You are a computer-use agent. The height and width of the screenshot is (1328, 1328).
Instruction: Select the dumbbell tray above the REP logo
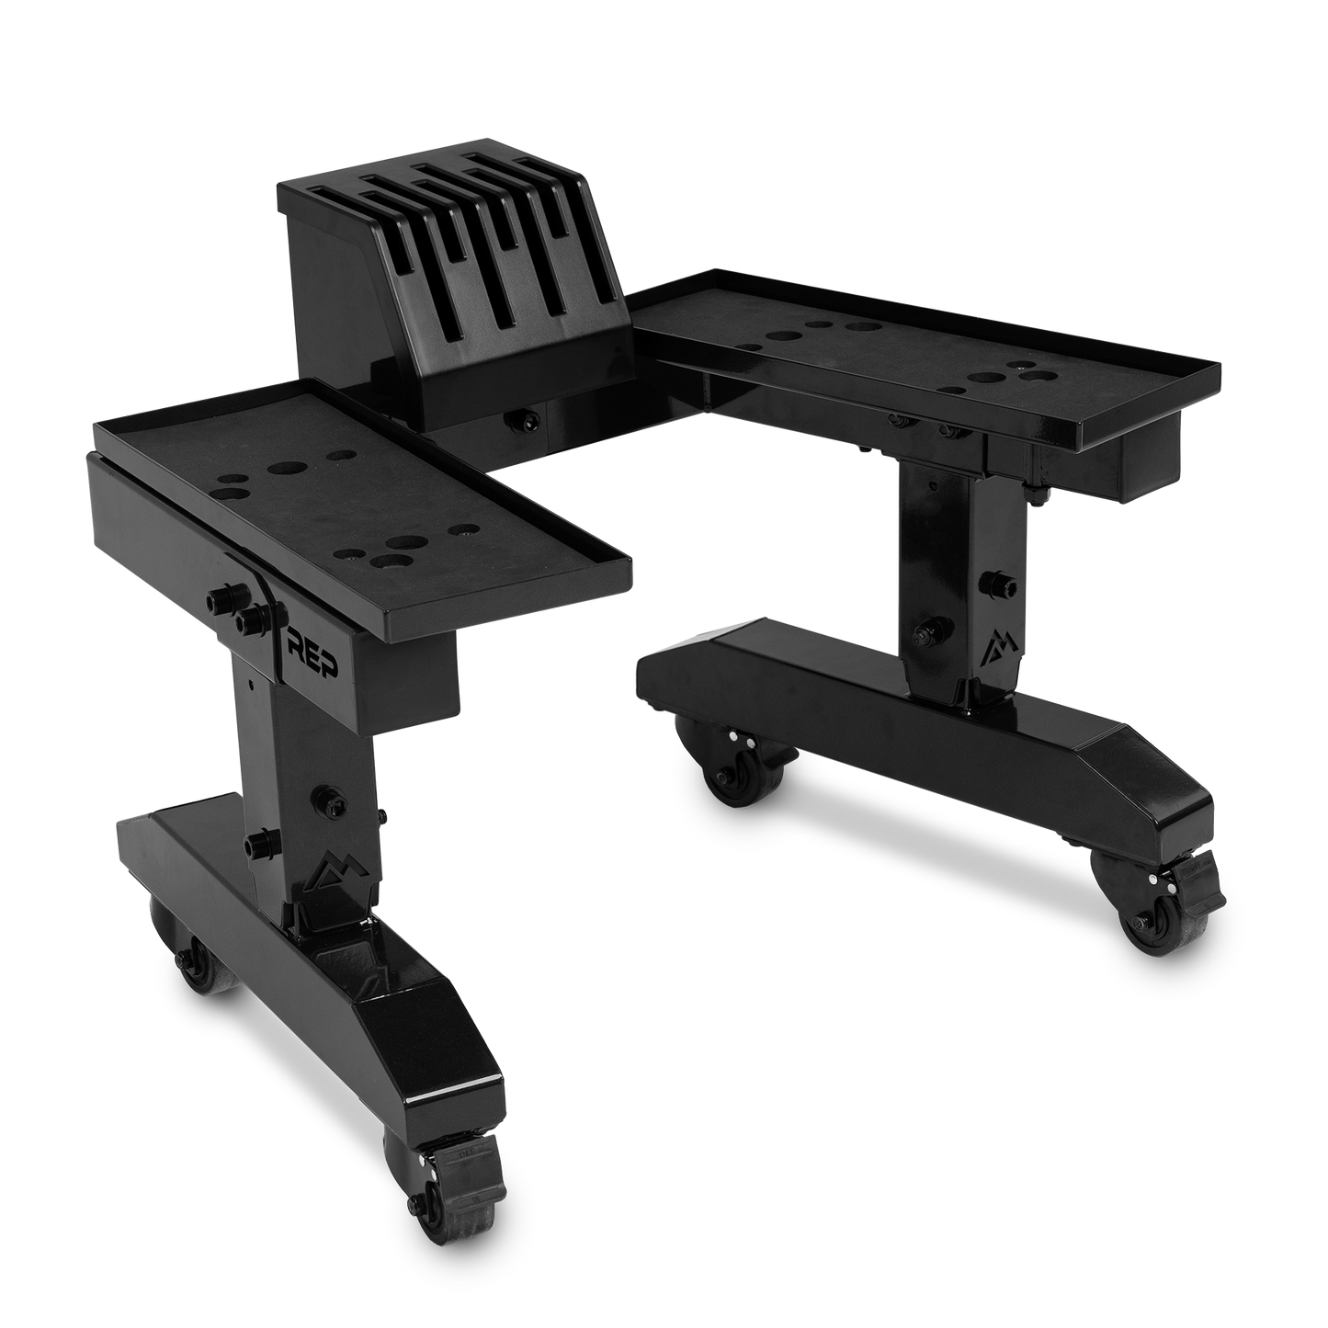click(x=358, y=496)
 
